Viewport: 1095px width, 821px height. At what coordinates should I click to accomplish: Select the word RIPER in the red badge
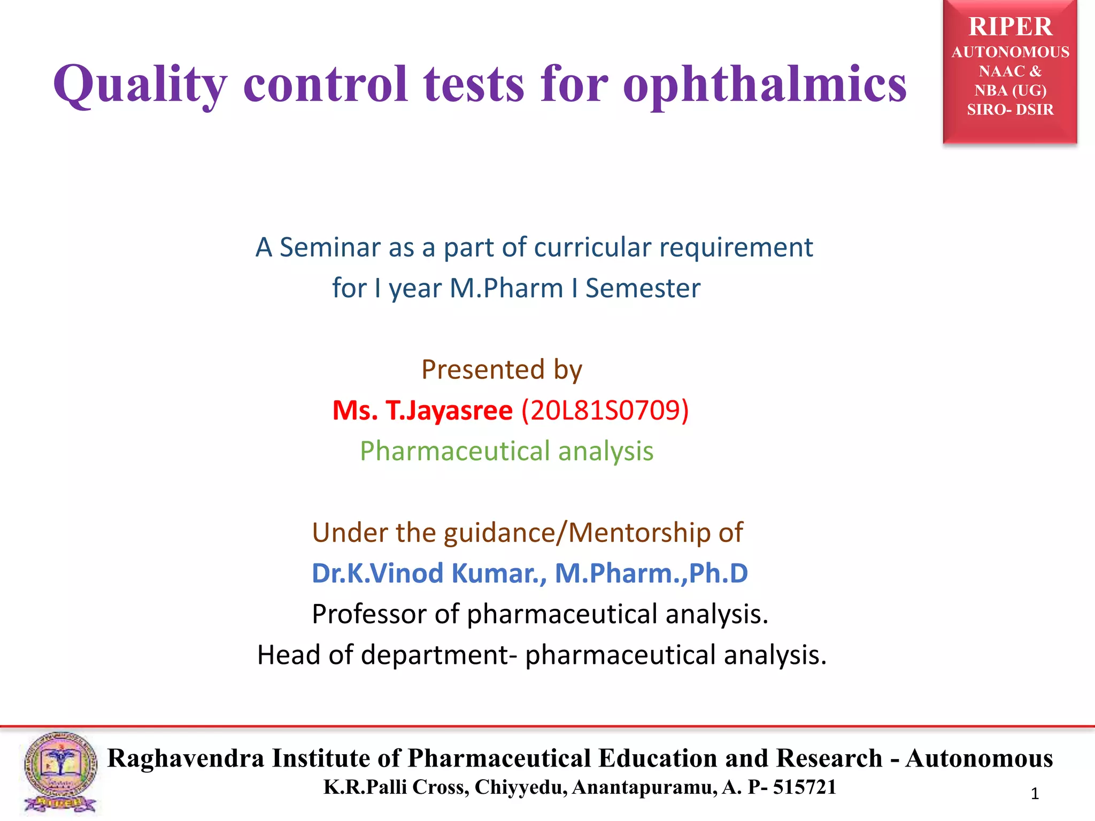(x=1010, y=27)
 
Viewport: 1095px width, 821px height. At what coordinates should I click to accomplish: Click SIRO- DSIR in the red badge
(x=1010, y=110)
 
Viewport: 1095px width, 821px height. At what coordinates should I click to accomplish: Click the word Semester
(x=643, y=289)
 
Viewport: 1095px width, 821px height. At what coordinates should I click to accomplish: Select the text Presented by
(x=502, y=370)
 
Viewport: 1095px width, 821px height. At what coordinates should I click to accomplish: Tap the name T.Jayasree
(x=449, y=410)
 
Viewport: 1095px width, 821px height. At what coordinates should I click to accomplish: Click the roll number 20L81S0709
(x=605, y=410)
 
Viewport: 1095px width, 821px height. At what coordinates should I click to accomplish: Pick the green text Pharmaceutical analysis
(x=506, y=451)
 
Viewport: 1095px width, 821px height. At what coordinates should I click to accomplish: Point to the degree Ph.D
(x=718, y=574)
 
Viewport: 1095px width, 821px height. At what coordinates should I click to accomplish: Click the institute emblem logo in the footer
(x=60, y=772)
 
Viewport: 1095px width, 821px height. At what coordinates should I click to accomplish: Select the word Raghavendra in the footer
(x=186, y=758)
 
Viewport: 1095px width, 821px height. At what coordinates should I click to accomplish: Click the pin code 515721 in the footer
(x=805, y=787)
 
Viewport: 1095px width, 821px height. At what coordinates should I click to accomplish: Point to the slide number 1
(x=1035, y=794)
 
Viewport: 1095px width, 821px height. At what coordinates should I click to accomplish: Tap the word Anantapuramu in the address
(x=644, y=787)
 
